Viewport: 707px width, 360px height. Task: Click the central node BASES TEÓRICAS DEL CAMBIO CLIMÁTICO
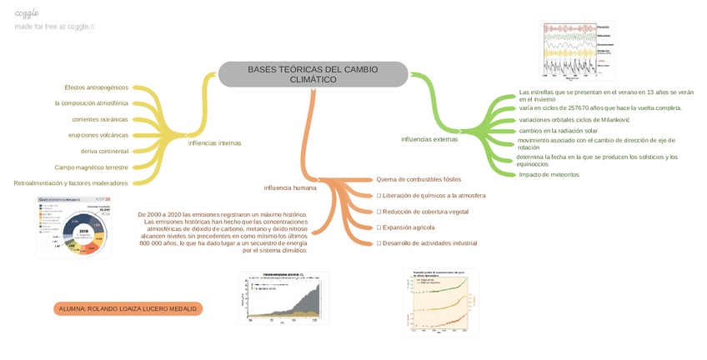pyautogui.click(x=313, y=74)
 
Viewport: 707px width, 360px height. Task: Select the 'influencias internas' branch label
pyautogui.click(x=214, y=142)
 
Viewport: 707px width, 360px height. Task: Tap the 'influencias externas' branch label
pyautogui.click(x=429, y=139)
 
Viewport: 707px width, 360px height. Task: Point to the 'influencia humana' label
pyautogui.click(x=290, y=187)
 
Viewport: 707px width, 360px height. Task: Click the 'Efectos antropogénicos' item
pyautogui.click(x=97, y=87)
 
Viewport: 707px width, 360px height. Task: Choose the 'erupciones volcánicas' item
pyautogui.click(x=98, y=135)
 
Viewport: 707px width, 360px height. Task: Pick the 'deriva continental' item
pyautogui.click(x=104, y=151)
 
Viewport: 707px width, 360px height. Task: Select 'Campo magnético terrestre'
pyautogui.click(x=92, y=167)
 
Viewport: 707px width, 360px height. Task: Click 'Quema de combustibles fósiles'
pyautogui.click(x=419, y=179)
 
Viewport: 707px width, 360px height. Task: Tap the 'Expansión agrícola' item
pyautogui.click(x=405, y=227)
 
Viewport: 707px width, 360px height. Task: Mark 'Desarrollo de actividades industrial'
pyautogui.click(x=427, y=243)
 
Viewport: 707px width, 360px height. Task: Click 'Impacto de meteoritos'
pyautogui.click(x=549, y=174)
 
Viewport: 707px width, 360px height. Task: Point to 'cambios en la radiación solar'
pyautogui.click(x=558, y=131)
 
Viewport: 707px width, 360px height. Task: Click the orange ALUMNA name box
pyautogui.click(x=128, y=308)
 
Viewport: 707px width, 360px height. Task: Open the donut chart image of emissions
pyautogui.click(x=73, y=227)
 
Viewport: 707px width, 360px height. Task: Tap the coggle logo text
pyautogui.click(x=28, y=13)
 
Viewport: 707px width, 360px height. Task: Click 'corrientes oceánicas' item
pyautogui.click(x=100, y=119)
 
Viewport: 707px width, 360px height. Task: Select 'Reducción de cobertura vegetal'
pyautogui.click(x=422, y=212)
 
